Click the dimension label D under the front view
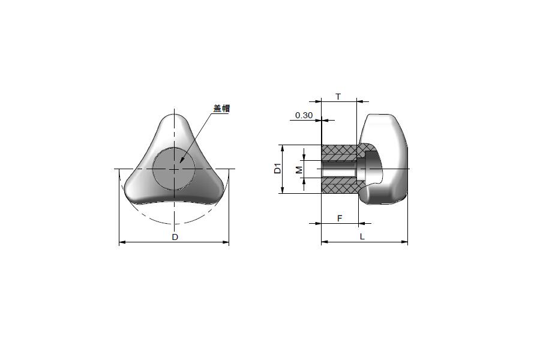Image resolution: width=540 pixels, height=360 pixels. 175,237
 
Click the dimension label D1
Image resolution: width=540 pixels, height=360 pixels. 278,169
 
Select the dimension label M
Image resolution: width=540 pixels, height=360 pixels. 299,169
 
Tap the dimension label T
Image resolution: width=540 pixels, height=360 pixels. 338,97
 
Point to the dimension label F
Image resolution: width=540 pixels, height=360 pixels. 340,218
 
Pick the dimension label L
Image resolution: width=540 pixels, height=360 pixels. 362,236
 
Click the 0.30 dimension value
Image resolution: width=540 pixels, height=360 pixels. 304,115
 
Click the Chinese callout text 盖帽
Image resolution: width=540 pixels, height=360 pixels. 221,109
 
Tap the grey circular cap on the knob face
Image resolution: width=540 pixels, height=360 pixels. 174,169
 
